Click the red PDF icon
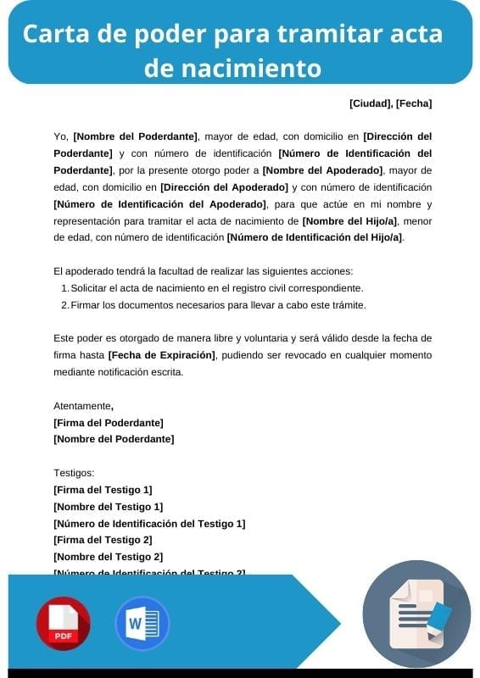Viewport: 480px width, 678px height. click(63, 624)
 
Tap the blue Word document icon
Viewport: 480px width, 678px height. click(142, 624)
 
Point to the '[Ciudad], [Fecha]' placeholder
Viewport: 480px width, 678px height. click(390, 103)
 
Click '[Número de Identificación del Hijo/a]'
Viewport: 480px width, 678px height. click(315, 237)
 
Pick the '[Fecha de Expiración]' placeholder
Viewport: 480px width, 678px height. click(162, 354)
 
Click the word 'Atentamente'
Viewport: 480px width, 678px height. click(82, 405)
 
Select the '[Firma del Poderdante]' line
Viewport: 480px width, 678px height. click(109, 422)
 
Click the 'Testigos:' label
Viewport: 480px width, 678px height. click(74, 473)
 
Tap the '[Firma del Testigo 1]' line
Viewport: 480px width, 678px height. click(103, 490)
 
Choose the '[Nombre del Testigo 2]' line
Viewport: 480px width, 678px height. click(108, 557)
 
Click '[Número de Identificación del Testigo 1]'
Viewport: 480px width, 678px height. click(149, 524)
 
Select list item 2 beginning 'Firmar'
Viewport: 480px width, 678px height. click(218, 305)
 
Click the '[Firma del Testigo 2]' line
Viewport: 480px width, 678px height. click(103, 540)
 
